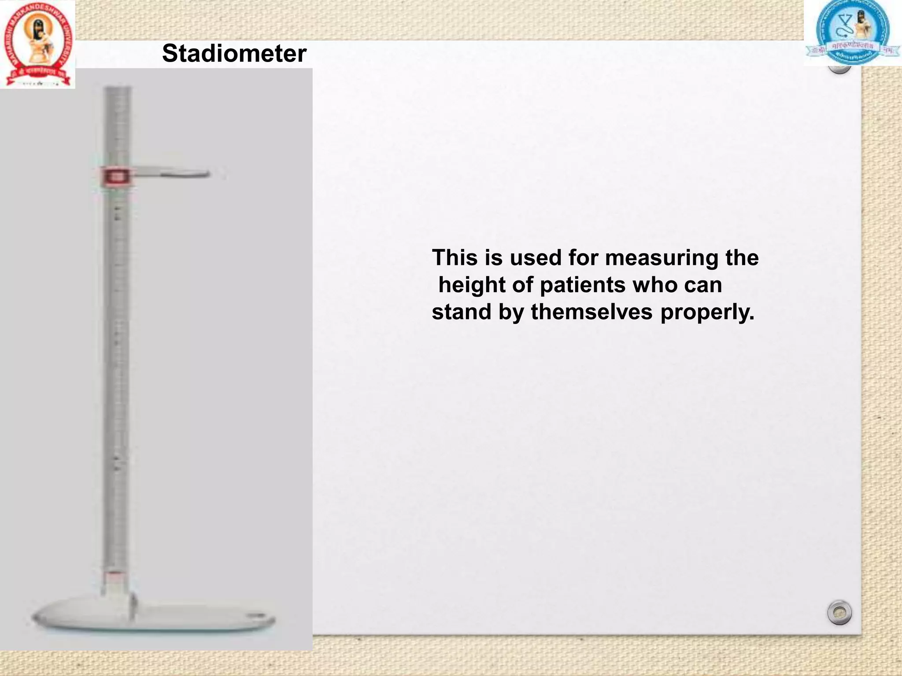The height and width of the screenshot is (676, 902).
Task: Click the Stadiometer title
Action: [x=234, y=54]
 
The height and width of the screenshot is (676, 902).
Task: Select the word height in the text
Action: [x=471, y=285]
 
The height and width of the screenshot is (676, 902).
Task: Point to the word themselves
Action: [x=591, y=312]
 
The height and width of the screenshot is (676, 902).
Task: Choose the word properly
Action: [x=707, y=312]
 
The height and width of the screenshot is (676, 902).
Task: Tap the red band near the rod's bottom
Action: [x=115, y=574]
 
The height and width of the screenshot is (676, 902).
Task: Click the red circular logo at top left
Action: [x=37, y=44]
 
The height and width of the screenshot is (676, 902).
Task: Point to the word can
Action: [x=703, y=285]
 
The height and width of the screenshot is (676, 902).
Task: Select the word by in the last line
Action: [x=511, y=312]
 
